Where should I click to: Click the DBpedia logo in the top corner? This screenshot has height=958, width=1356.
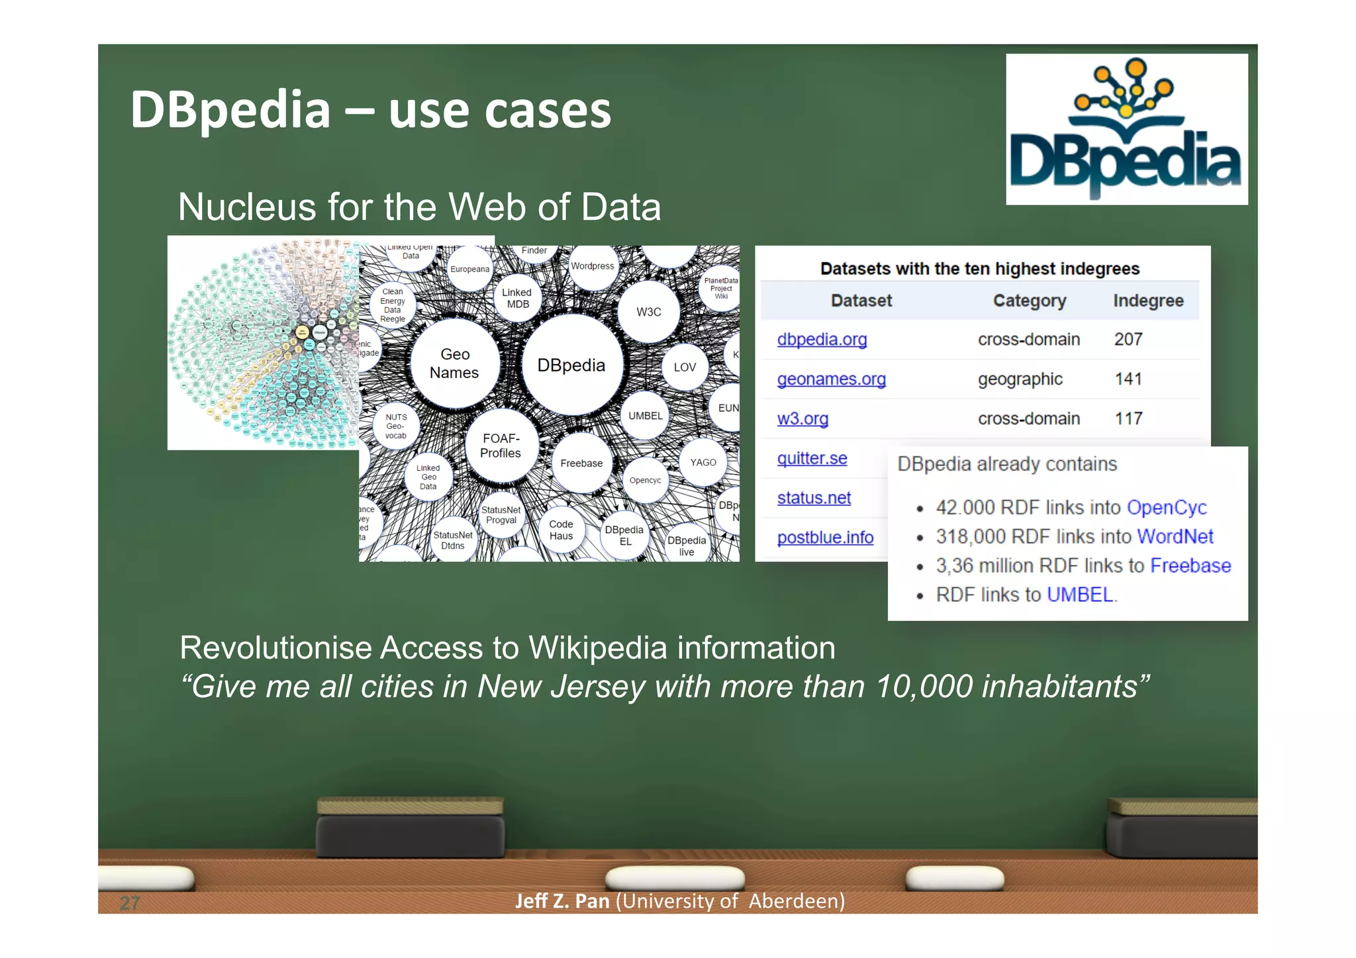[x=1126, y=130]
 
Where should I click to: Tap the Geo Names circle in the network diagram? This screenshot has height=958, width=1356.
[x=454, y=363]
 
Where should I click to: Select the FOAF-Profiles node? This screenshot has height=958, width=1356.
[x=501, y=446]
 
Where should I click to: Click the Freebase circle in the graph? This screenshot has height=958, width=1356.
[x=581, y=463]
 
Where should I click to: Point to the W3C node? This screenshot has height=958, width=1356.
[x=648, y=312]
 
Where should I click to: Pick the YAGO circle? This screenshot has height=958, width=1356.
[x=702, y=463]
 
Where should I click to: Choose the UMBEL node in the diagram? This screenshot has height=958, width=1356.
[x=645, y=416]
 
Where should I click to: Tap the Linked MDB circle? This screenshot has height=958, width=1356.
[x=517, y=298]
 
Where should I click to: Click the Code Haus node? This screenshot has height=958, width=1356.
[x=561, y=530]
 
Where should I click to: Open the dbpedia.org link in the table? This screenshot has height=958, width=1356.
[x=822, y=339]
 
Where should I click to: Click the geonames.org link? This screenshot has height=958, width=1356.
[x=831, y=379]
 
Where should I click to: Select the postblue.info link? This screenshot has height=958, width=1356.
[x=825, y=537]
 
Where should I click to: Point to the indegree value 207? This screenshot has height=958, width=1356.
[x=1128, y=339]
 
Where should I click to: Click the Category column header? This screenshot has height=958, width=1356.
[x=1029, y=301]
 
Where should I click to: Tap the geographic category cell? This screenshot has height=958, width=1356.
[x=1020, y=379]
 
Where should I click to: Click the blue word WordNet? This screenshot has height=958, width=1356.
[x=1175, y=536]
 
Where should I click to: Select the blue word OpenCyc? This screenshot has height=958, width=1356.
[x=1167, y=507]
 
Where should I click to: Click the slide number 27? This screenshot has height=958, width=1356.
[x=130, y=902]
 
